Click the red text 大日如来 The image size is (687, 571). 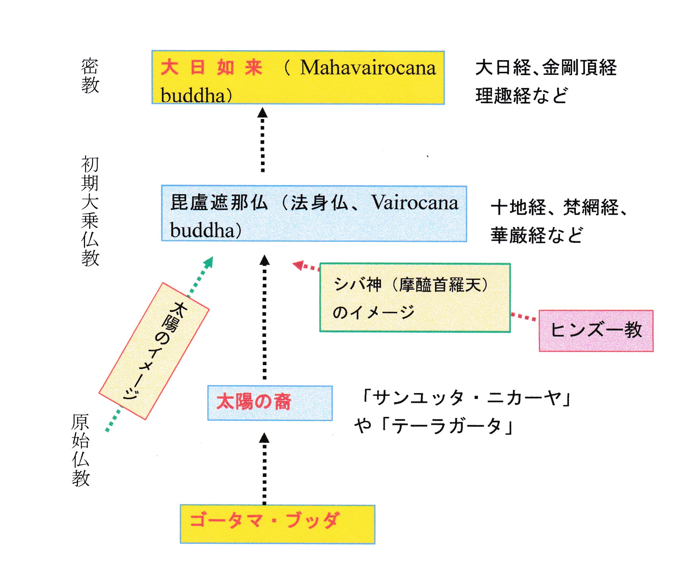[211, 68]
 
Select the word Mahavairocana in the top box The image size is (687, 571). [368, 68]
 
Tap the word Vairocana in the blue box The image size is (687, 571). [414, 203]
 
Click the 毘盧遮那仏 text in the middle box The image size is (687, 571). [219, 203]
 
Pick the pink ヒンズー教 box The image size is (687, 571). [596, 331]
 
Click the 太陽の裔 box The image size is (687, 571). [270, 402]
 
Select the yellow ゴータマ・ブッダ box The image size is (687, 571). [277, 524]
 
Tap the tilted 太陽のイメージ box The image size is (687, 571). [154, 351]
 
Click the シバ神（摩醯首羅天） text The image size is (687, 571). [411, 285]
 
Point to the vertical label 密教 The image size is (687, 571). [90, 76]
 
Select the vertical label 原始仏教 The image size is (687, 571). [81, 450]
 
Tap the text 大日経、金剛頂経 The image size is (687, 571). [546, 68]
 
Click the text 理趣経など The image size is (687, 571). [521, 96]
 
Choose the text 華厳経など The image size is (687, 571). [537, 235]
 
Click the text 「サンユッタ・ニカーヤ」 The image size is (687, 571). [466, 398]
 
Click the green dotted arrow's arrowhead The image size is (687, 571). [209, 262]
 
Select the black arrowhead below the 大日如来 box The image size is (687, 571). [262, 113]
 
